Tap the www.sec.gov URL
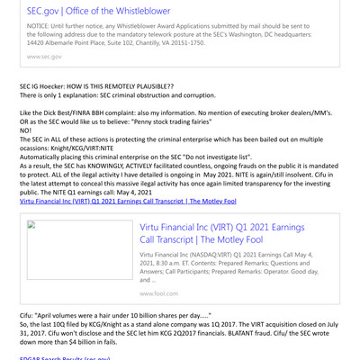44,56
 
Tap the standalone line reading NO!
25,130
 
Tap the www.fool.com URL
158,293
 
